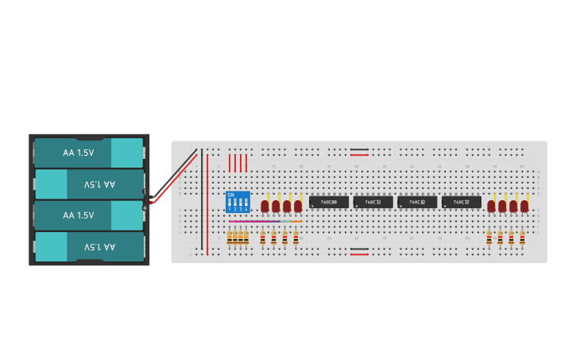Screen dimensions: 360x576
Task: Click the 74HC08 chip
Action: tap(328, 203)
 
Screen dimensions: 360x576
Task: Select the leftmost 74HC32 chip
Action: tap(373, 203)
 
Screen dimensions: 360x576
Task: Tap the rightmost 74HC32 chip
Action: tap(462, 203)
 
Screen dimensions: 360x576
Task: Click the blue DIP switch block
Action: tap(238, 202)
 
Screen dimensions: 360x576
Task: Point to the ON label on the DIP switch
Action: tap(230, 195)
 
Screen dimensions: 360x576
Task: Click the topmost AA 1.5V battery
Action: tap(88, 153)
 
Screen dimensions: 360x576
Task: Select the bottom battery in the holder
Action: tap(88, 246)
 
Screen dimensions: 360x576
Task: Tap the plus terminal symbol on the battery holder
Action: tap(145, 208)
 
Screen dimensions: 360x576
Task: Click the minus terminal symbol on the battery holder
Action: tap(145, 192)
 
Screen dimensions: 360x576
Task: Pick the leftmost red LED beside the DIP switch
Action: tap(265, 206)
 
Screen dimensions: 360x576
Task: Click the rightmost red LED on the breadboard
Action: tap(524, 206)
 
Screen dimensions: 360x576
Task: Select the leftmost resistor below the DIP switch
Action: tap(230, 237)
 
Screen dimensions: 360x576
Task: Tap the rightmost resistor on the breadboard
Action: tap(522, 238)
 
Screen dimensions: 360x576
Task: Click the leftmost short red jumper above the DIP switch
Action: tap(230, 163)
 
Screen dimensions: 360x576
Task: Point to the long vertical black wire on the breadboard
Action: tap(202, 199)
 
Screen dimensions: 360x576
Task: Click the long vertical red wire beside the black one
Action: tap(207, 203)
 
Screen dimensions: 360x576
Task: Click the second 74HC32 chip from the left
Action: tap(417, 203)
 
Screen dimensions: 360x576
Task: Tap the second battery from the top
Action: tap(88, 184)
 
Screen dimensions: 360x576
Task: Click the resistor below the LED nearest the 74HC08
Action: tap(296, 237)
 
